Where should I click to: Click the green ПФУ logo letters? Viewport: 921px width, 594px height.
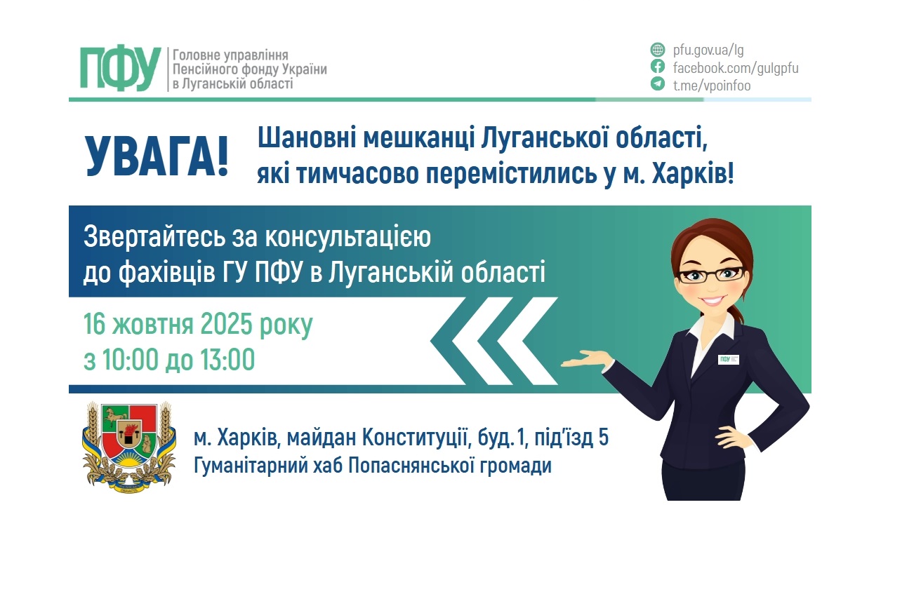[119, 69]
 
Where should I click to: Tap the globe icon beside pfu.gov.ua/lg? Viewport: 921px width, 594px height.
[657, 50]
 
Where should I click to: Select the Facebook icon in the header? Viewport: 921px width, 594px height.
[657, 67]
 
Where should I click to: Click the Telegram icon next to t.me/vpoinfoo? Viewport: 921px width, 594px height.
[657, 85]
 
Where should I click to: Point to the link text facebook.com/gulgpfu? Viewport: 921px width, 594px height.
[736, 68]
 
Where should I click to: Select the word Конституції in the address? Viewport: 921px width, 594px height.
[416, 439]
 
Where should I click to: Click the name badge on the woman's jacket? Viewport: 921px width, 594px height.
[729, 359]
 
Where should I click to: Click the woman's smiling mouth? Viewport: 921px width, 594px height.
[710, 300]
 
